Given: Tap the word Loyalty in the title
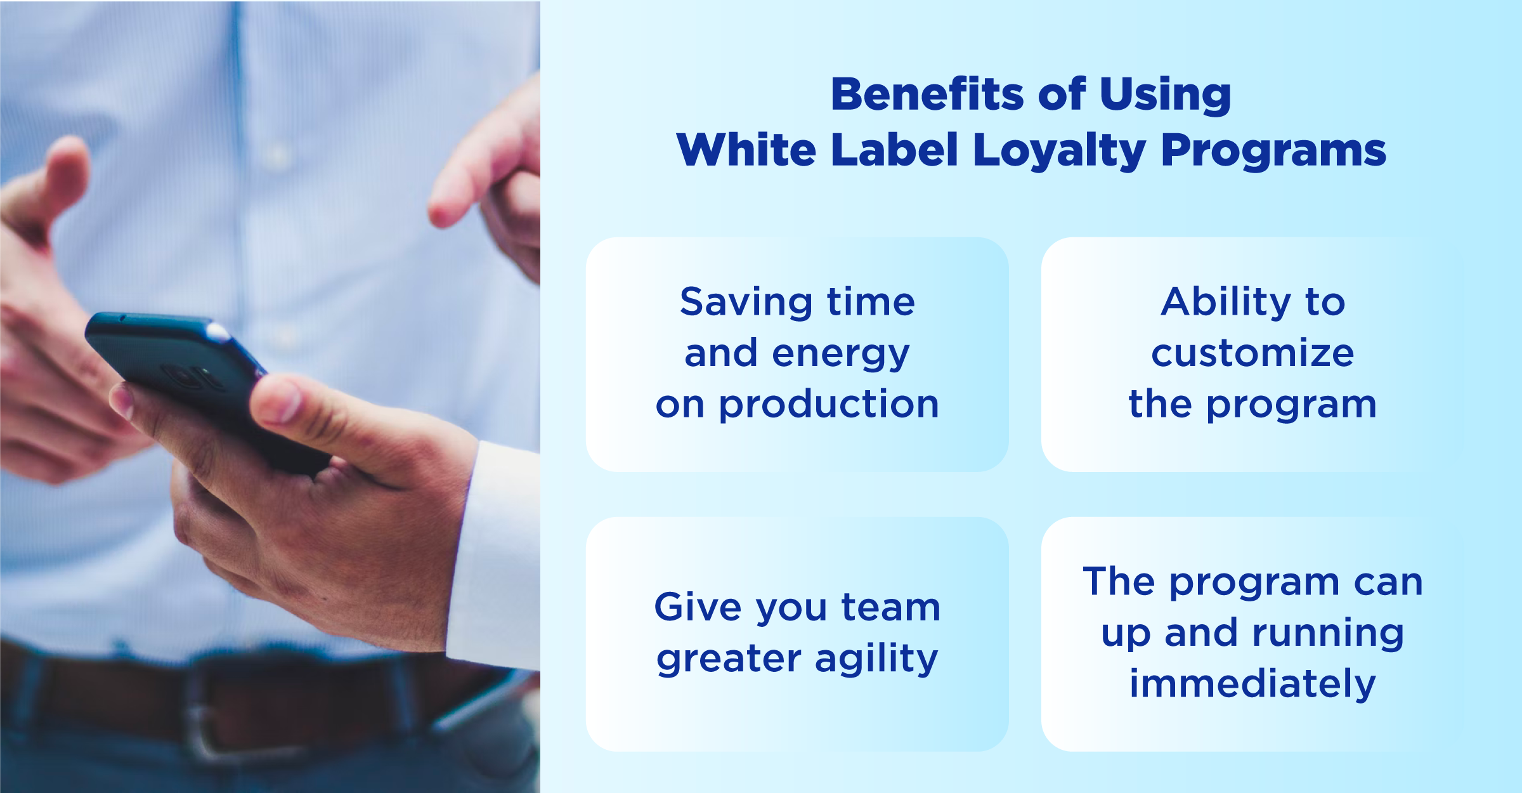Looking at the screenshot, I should pyautogui.click(x=1059, y=151).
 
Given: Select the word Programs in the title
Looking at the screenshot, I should pyautogui.click(x=1273, y=151).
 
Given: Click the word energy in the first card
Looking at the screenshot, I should pyautogui.click(x=841, y=354).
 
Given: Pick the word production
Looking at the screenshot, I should pyautogui.click(x=828, y=405).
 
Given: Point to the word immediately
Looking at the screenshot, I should pyautogui.click(x=1253, y=684).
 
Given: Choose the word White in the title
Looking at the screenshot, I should pyautogui.click(x=746, y=151).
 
